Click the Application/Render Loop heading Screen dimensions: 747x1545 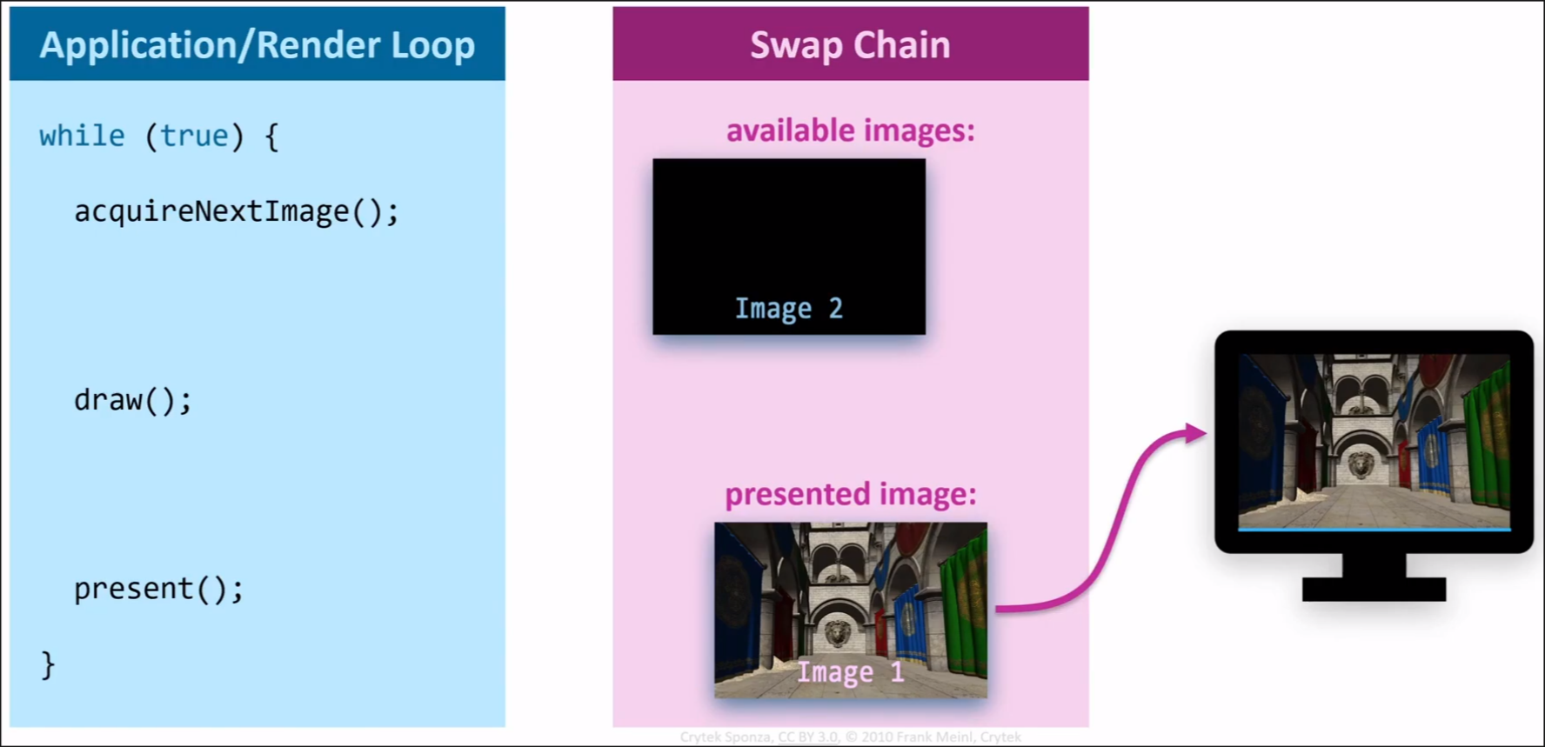click(257, 45)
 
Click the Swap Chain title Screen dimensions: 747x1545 click(850, 45)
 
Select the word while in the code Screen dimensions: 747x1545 click(82, 137)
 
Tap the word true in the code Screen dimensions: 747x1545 click(194, 137)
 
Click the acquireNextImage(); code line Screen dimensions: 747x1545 click(236, 211)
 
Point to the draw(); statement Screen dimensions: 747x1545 click(132, 400)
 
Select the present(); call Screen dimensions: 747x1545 click(158, 589)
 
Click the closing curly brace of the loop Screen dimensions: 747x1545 click(48, 665)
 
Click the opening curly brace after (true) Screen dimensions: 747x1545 click(271, 137)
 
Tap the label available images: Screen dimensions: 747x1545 click(850, 130)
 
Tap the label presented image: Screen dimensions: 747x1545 click(850, 494)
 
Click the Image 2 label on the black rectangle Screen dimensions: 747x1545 click(788, 309)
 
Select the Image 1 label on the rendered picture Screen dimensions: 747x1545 click(850, 672)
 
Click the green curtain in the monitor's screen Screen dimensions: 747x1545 click(1488, 435)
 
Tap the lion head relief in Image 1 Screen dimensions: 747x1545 click(837, 633)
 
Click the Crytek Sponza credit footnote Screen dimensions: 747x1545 click(850, 737)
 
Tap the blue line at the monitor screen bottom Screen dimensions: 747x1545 click(1374, 529)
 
